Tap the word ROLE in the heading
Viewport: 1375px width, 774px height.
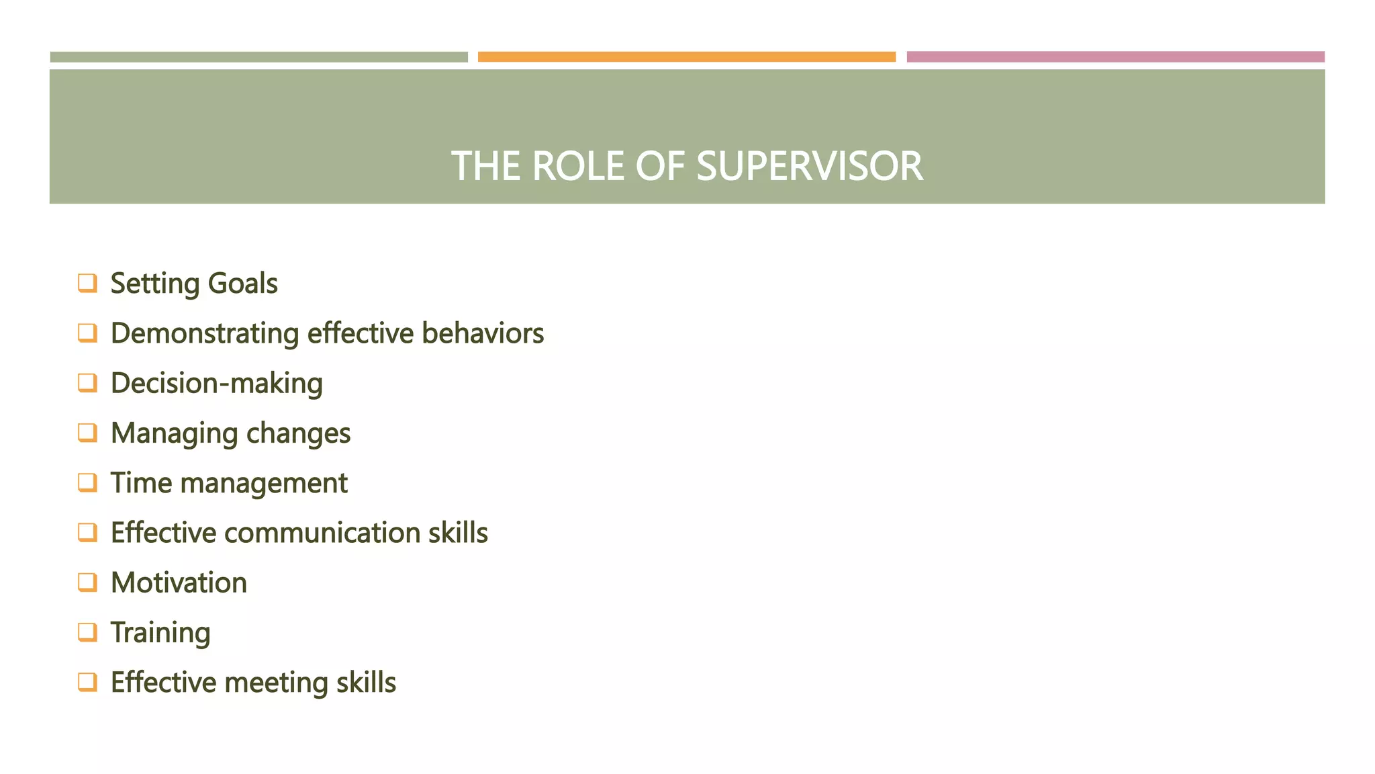click(x=578, y=166)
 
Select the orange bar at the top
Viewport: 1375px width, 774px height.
click(x=686, y=57)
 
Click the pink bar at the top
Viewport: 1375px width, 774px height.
click(x=1115, y=57)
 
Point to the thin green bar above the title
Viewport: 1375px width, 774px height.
click(x=258, y=57)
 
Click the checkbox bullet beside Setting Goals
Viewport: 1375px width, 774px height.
click(x=87, y=283)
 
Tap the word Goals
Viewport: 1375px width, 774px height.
click(x=242, y=284)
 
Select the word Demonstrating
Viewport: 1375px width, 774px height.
click(x=205, y=334)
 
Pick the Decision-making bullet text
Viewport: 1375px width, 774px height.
click(x=216, y=384)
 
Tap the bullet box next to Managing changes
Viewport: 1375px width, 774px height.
click(x=87, y=432)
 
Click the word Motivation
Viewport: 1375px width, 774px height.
click(x=179, y=583)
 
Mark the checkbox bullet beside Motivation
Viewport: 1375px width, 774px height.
click(x=87, y=582)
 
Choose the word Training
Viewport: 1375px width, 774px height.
click(x=160, y=633)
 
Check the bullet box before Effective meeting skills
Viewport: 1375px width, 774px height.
click(x=87, y=681)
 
